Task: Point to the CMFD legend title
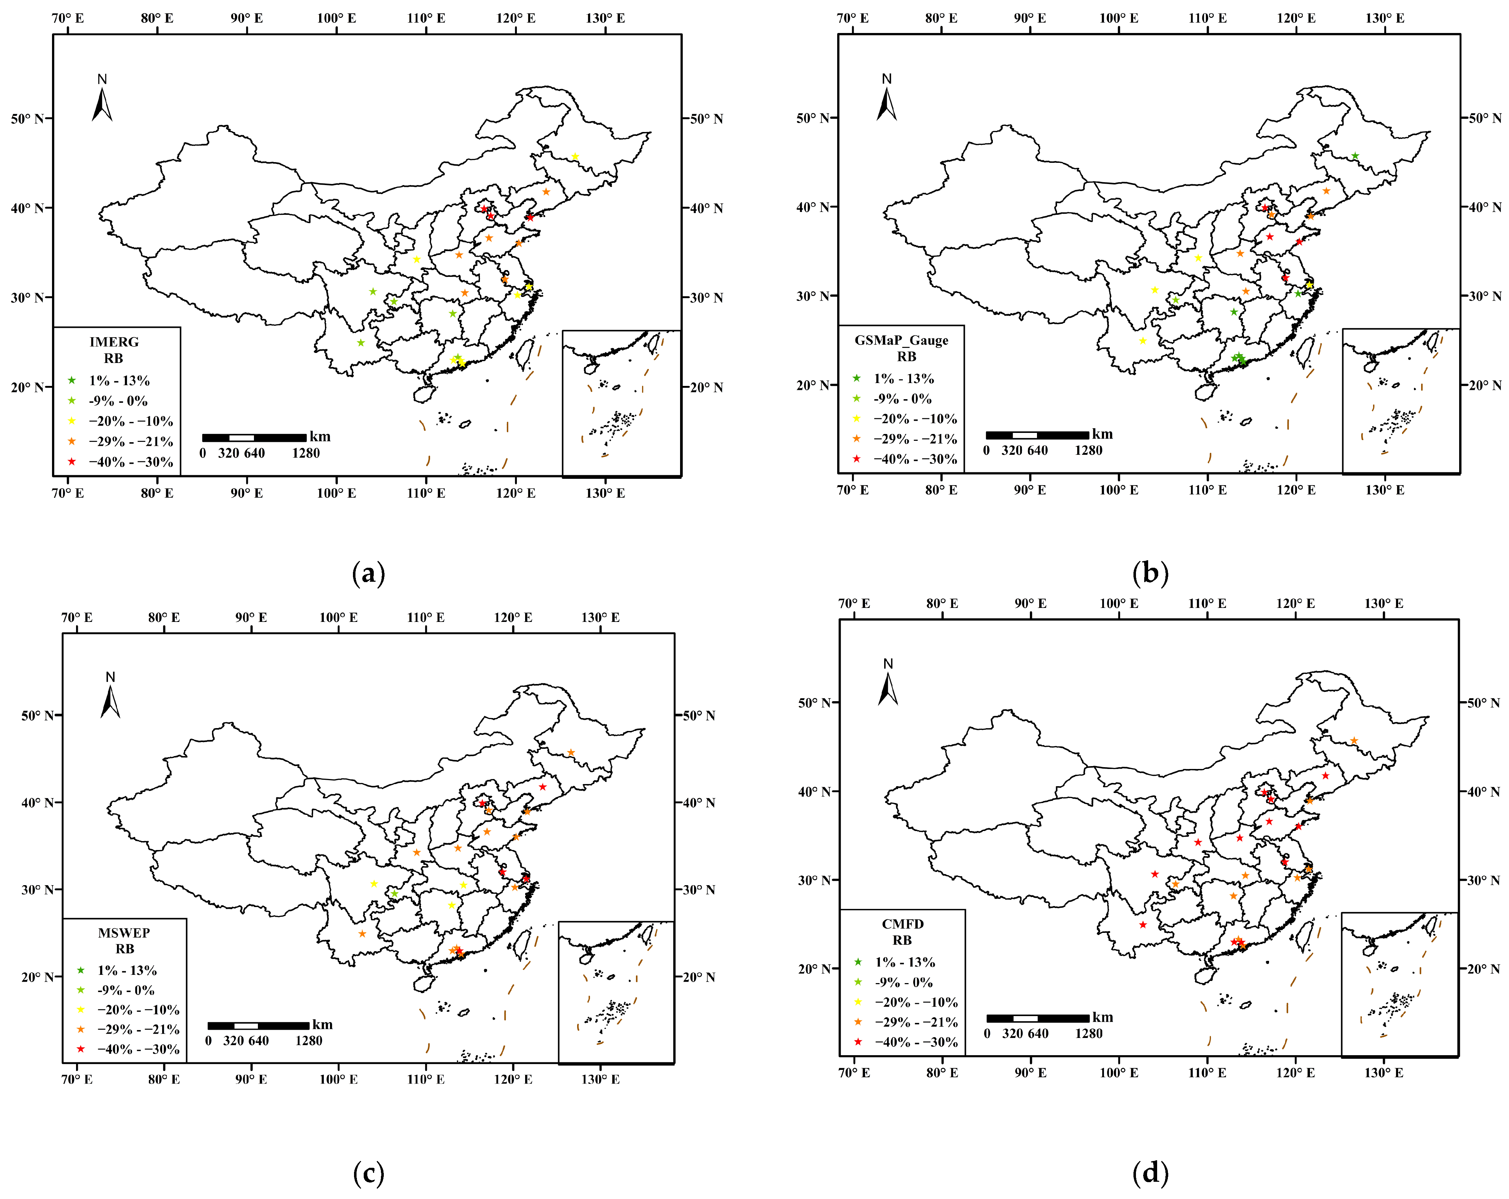pyautogui.click(x=902, y=924)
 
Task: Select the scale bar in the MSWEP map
pyautogui.click(x=258, y=1025)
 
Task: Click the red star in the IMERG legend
pyautogui.click(x=71, y=461)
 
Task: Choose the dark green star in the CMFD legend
pyautogui.click(x=857, y=962)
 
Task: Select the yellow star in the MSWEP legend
pyautogui.click(x=80, y=1009)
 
